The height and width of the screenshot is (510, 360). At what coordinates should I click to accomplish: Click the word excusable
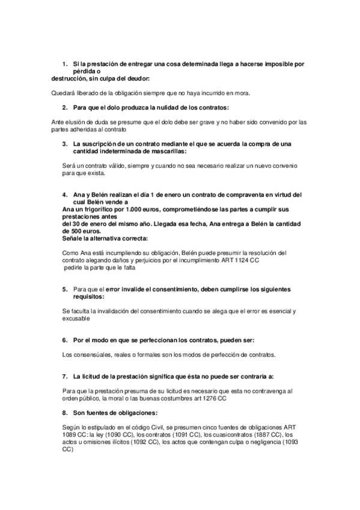(x=75, y=318)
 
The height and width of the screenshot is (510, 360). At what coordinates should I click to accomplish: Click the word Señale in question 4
(x=62, y=238)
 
